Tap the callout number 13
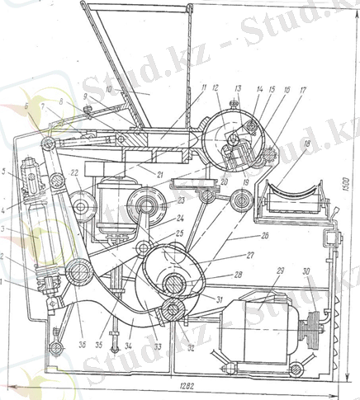(x=238, y=88)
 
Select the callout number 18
(x=307, y=145)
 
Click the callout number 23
(x=181, y=200)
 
